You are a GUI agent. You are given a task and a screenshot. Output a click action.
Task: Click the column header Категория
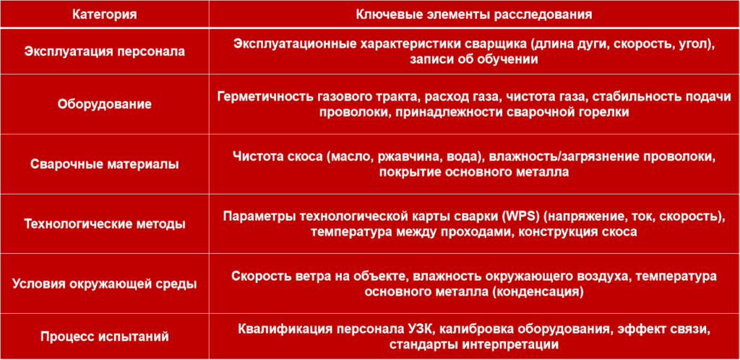(x=104, y=14)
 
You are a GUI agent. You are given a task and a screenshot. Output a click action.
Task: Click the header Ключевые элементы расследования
(x=474, y=14)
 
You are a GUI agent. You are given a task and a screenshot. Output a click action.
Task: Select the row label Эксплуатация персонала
(x=104, y=51)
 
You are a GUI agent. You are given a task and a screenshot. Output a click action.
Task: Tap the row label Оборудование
(x=104, y=104)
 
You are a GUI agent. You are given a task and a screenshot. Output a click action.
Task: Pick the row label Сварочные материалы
(x=104, y=164)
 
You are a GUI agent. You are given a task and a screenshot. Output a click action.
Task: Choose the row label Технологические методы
(x=104, y=224)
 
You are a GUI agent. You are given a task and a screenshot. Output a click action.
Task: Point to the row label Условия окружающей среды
(x=104, y=284)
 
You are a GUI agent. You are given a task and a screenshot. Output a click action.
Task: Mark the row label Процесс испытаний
(x=104, y=337)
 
